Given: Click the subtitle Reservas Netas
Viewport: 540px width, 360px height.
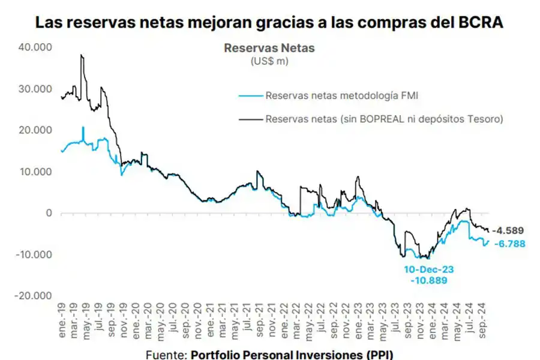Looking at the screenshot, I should tap(269, 48).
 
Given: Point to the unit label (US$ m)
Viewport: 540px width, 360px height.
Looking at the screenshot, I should tap(269, 61).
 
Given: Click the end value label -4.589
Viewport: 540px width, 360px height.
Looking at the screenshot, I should tap(508, 230).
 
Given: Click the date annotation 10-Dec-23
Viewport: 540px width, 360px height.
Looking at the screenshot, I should tap(428, 269).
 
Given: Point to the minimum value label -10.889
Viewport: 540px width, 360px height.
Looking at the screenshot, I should tap(428, 280).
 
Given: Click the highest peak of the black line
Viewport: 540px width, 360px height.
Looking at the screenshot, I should tap(81, 55).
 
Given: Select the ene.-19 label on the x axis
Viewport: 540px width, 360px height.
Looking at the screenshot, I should tap(62, 326).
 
